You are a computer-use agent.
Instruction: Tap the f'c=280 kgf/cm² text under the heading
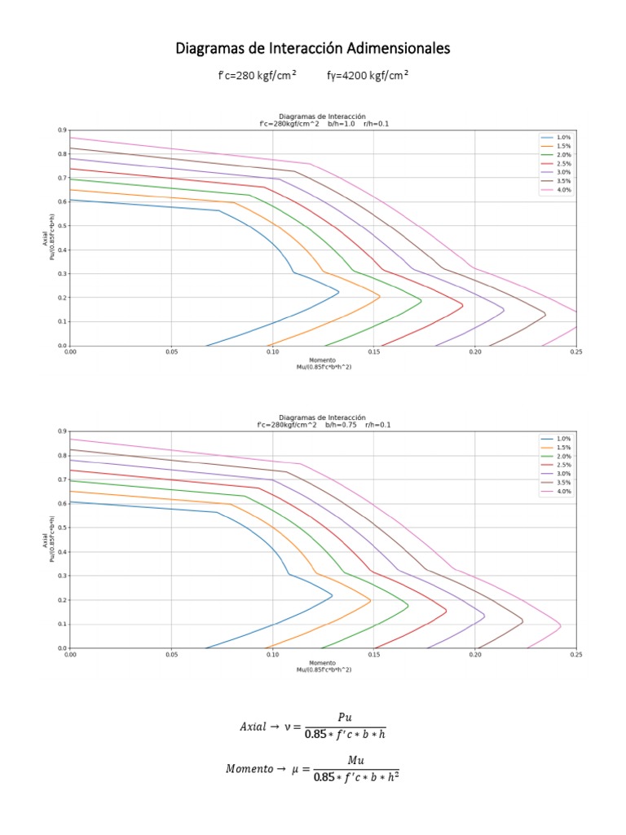257,75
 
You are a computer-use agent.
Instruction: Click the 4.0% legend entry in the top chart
563,190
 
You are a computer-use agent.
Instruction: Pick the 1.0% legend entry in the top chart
563,137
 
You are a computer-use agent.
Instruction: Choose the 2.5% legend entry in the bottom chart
563,465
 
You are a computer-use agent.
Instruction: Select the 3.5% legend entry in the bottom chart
563,483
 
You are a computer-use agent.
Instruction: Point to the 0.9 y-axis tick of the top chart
62,130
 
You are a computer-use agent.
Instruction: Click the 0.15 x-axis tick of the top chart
373,352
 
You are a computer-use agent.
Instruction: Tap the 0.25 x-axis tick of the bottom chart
575,655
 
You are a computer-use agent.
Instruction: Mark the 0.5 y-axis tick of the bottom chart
62,528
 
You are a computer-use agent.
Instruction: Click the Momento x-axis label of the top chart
323,360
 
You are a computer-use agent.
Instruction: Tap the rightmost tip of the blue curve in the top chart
338,291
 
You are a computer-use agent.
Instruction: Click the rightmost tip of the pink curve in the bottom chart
561,625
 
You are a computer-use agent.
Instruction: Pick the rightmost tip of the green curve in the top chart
421,301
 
